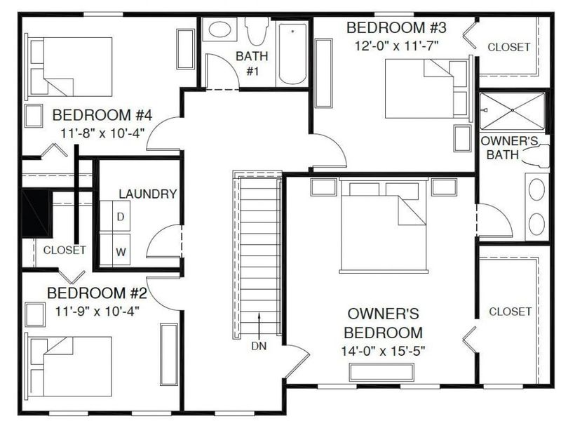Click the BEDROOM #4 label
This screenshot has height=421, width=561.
[102, 115]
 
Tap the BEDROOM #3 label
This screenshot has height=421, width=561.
[397, 28]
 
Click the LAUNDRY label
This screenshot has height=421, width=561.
[147, 194]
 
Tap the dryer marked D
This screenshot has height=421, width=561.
[120, 218]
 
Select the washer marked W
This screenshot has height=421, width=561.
[120, 250]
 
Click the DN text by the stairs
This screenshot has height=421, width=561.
[259, 345]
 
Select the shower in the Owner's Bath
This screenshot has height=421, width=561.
[512, 111]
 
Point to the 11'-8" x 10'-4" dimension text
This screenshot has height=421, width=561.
[102, 133]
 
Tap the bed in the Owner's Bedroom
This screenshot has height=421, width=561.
[384, 226]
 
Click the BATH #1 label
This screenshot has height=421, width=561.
[248, 63]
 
